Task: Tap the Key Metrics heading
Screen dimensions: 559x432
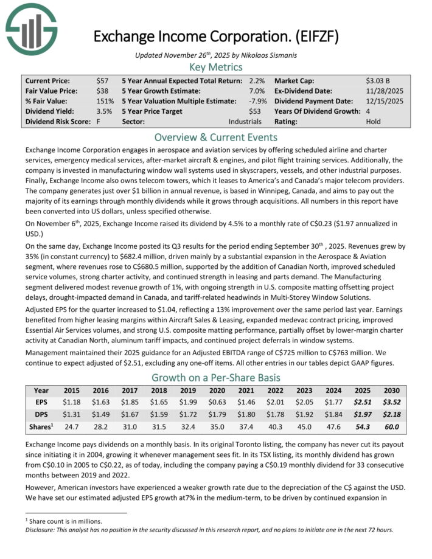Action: [215, 67]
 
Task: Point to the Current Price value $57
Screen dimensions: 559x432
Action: [102, 80]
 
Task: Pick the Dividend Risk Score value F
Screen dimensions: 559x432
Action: [99, 122]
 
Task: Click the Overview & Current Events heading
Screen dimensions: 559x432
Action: [215, 137]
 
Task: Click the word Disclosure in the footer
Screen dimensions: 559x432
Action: [35, 529]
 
